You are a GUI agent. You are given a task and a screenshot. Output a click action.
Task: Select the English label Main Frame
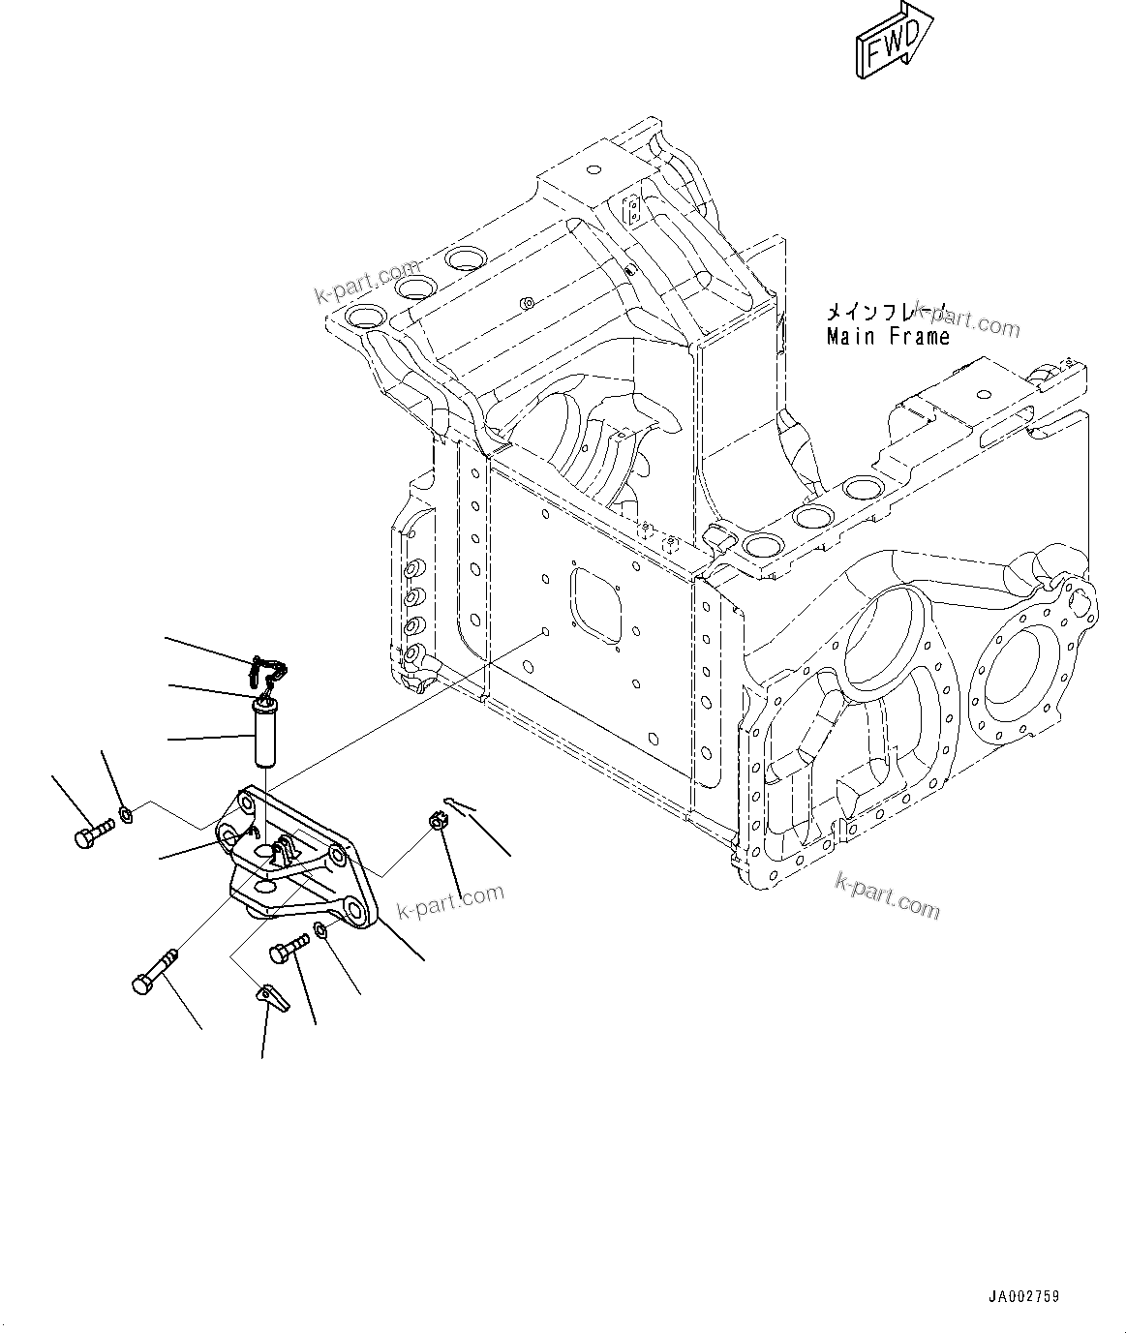[888, 337]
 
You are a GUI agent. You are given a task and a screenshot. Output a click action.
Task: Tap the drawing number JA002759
[1023, 1295]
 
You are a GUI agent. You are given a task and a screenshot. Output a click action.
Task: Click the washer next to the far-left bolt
[126, 813]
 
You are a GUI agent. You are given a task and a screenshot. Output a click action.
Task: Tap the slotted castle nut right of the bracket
[436, 823]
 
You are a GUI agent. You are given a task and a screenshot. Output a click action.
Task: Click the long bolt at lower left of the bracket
[155, 970]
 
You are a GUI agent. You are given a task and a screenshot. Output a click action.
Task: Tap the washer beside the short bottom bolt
[320, 931]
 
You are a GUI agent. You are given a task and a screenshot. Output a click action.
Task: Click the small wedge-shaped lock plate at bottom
[274, 996]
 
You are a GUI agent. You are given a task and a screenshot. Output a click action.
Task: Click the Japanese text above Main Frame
[886, 312]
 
